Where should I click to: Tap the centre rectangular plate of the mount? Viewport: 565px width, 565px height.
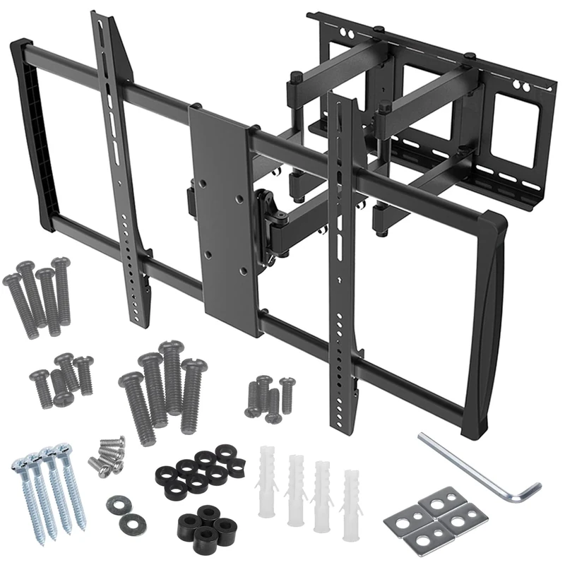pyautogui.click(x=221, y=212)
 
